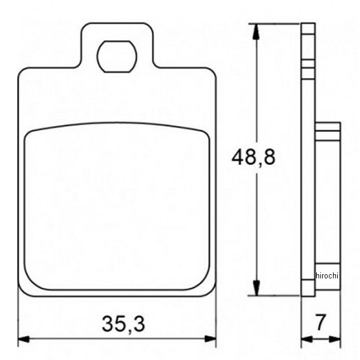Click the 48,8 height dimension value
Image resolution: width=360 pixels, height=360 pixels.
pyautogui.click(x=253, y=158)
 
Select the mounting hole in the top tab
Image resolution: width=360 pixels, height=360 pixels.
pyautogui.click(x=117, y=56)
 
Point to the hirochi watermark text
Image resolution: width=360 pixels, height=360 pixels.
pyautogui.click(x=327, y=275)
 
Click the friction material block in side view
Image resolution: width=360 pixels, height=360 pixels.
pyautogui.click(x=328, y=198)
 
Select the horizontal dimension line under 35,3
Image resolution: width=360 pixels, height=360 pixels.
pyautogui.click(x=72, y=339)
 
